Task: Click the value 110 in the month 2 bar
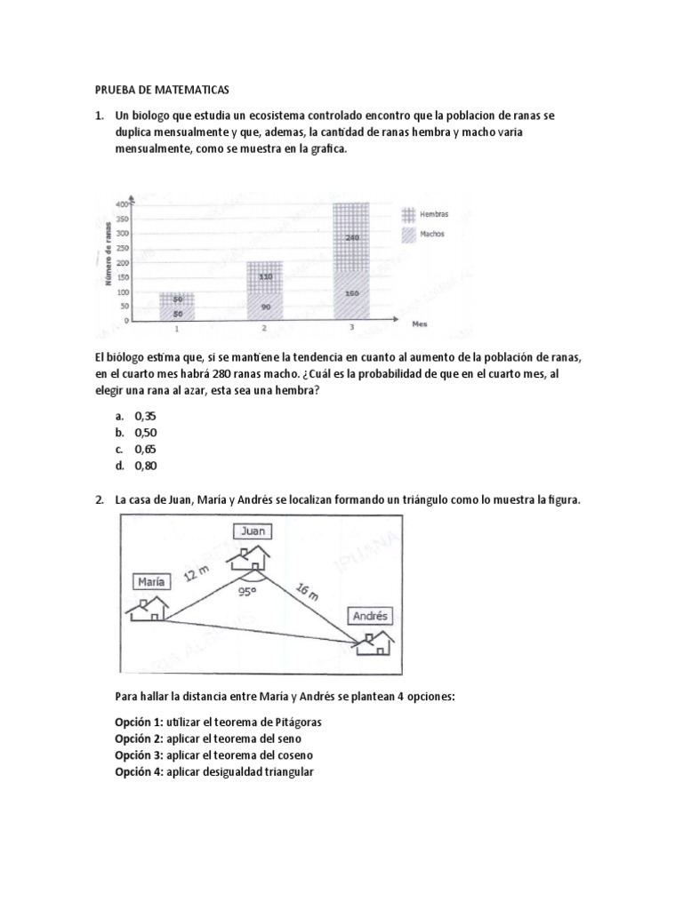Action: point(264,276)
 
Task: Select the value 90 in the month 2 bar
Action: point(264,307)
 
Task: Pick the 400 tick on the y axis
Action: point(122,204)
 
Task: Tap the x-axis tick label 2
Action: point(264,329)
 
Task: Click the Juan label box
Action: point(252,531)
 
